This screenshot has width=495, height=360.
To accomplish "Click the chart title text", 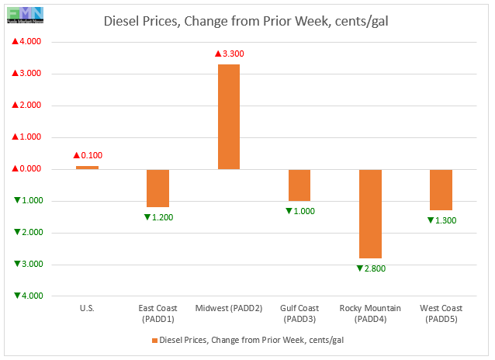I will pos(247,21).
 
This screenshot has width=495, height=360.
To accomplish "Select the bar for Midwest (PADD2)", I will pos(229,116).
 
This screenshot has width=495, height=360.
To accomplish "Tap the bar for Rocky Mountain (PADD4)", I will pos(370,213).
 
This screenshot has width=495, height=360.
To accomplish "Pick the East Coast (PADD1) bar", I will pos(158,188).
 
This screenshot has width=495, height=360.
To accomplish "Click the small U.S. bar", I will pos(87,168).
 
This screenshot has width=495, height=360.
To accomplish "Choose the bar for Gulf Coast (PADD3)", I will pos(299,185).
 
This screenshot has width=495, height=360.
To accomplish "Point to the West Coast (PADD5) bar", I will pos(441,189).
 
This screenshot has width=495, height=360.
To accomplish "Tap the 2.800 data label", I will pos(371,268).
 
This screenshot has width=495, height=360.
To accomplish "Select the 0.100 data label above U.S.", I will pos(88,155).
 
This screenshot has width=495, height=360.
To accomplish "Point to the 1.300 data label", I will pos(441,221).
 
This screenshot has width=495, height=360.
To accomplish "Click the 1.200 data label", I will pos(159,216).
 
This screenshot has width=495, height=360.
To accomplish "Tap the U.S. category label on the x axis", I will pos(87,309).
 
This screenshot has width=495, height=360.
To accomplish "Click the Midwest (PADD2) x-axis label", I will pos(229,309).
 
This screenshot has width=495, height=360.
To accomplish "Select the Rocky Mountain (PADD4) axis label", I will pos(370,313).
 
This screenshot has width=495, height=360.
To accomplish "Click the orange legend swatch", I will pos(154,340).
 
